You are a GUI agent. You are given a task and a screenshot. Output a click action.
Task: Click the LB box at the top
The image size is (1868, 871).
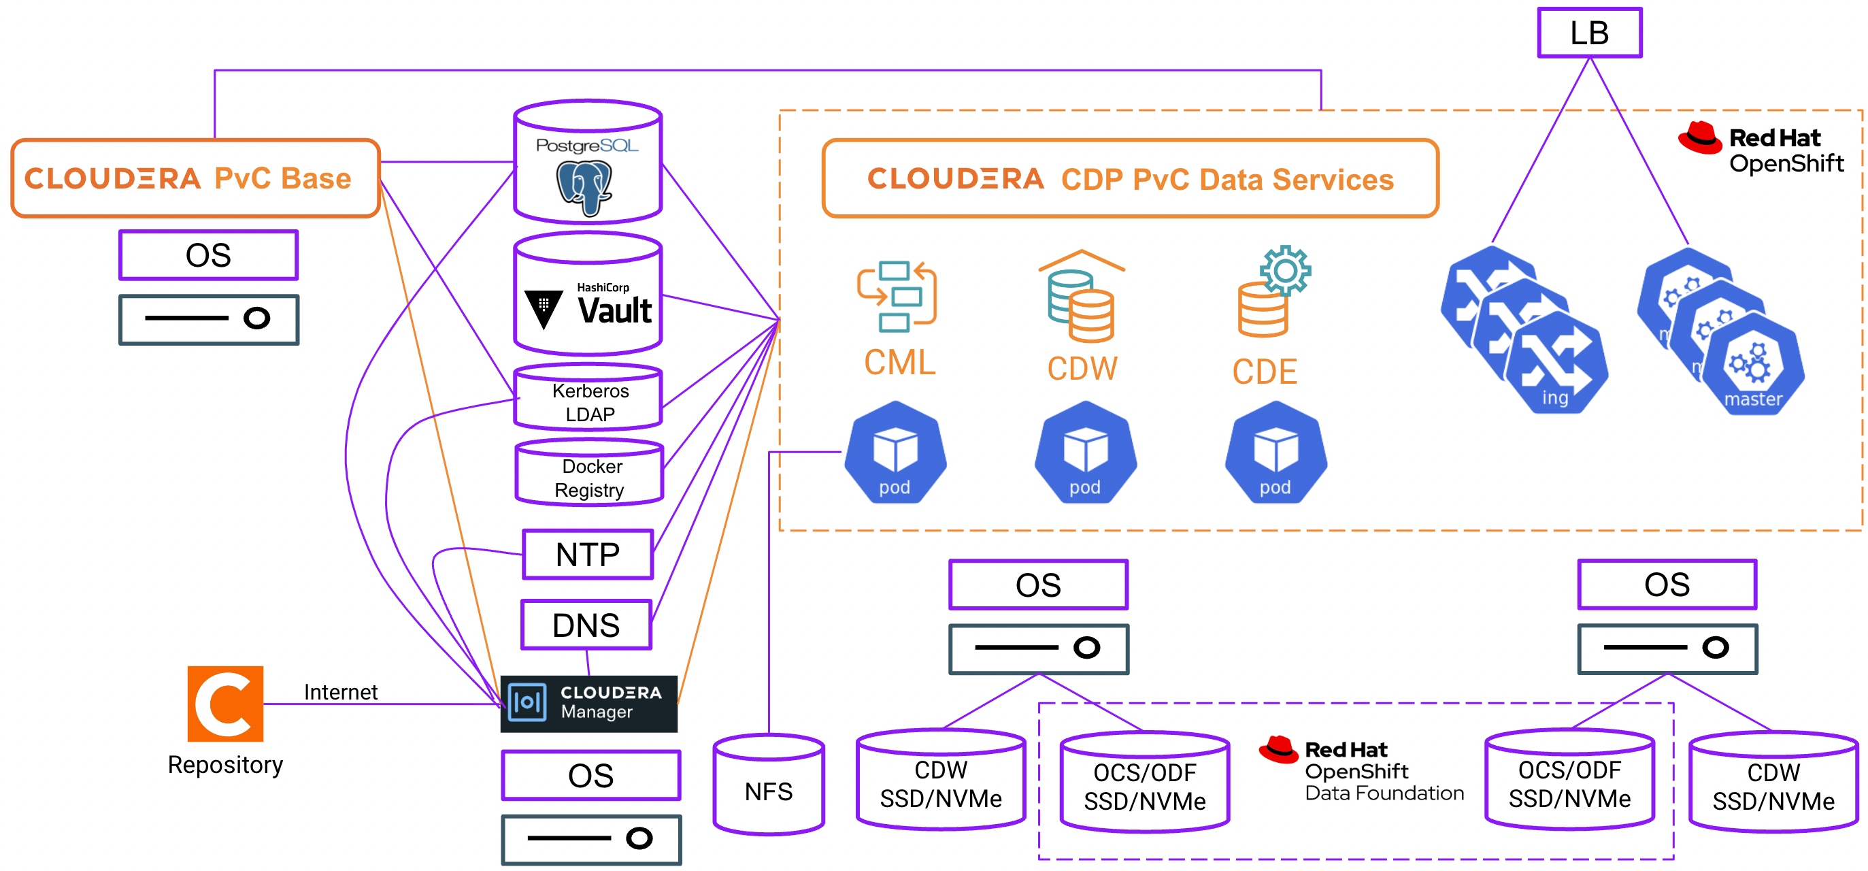tap(1589, 33)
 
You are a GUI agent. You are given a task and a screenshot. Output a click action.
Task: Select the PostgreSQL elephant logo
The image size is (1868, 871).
tap(584, 187)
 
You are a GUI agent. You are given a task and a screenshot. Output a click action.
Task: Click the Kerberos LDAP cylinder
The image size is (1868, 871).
tap(589, 400)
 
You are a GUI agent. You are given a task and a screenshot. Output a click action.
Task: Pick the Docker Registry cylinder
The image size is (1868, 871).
tap(590, 476)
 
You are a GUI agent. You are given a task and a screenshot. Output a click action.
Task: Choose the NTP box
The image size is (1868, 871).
tap(587, 555)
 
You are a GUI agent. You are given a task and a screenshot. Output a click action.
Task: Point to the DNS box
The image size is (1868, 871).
tap(586, 625)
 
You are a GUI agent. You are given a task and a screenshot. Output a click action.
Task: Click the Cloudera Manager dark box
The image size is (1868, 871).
tap(589, 704)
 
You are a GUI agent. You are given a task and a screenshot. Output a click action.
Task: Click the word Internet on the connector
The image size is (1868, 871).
tap(340, 692)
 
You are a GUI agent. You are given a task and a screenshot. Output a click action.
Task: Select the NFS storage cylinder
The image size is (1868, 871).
tap(769, 787)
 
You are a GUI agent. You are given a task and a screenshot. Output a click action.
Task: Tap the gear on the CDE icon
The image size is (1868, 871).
tap(1285, 271)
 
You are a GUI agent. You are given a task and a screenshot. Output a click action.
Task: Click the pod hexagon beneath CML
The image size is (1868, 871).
tap(895, 453)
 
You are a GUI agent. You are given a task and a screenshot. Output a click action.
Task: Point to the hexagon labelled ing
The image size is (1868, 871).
tap(1556, 366)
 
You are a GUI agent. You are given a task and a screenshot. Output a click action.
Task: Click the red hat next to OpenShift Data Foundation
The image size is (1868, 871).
tap(1278, 750)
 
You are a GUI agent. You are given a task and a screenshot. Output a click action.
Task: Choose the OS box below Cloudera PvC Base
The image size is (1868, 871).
tap(209, 255)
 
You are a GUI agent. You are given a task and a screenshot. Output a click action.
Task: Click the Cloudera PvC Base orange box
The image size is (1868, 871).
tap(196, 178)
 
